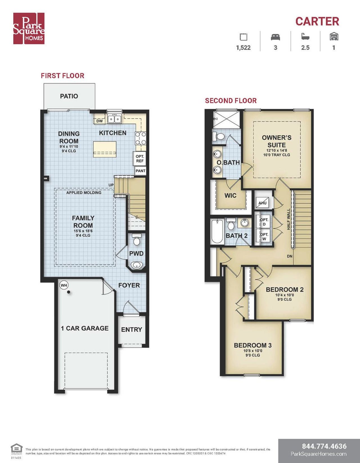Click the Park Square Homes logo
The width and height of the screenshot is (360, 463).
(29, 28)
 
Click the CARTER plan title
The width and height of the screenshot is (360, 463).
(317, 21)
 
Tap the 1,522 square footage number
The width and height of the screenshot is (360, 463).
(243, 48)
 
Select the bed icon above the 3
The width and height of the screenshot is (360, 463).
(275, 37)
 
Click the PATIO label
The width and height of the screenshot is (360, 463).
(69, 96)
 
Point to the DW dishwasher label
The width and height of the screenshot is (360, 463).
(100, 121)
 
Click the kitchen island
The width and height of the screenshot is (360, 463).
(105, 149)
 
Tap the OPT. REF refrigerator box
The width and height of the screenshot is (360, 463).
(140, 159)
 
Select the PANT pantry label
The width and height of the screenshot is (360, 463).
(140, 171)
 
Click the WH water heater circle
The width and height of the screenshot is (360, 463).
(64, 285)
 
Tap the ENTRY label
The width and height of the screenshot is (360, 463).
(131, 330)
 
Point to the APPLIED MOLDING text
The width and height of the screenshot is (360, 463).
(84, 193)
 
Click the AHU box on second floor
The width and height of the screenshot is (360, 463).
(262, 203)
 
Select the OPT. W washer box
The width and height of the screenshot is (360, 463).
(264, 236)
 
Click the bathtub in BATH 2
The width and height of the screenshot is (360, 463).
(217, 232)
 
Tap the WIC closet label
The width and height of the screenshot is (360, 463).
(230, 196)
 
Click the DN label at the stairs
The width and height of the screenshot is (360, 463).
(289, 256)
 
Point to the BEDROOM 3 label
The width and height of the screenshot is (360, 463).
(253, 345)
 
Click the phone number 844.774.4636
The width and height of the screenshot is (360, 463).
(324, 446)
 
